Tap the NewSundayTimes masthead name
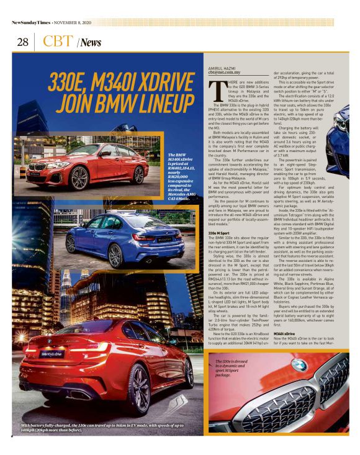(32, 23)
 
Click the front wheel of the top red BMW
(79, 178)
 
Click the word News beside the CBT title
(91, 43)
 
